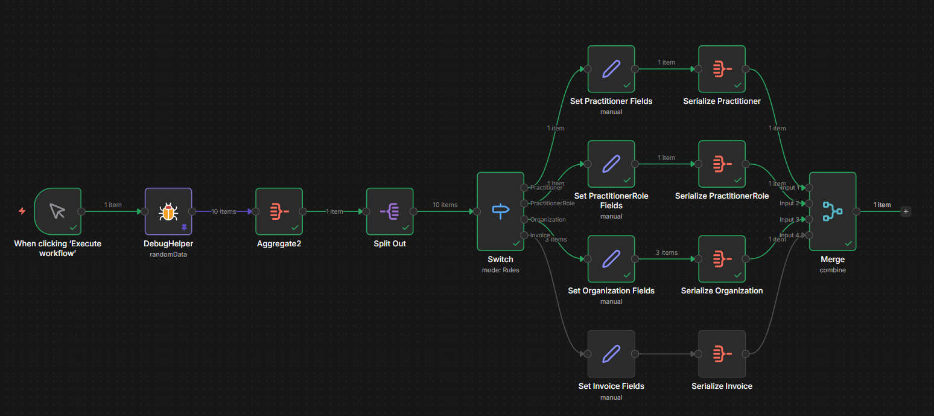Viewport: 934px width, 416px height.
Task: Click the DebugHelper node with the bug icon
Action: (168, 211)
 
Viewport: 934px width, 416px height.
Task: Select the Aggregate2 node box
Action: (279, 211)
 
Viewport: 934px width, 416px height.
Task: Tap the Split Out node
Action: (390, 211)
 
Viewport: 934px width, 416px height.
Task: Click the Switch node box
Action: (500, 211)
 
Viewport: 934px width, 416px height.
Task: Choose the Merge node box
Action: (833, 211)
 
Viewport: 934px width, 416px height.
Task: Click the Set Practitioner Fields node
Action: (611, 69)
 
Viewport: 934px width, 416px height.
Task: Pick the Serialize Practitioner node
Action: (722, 69)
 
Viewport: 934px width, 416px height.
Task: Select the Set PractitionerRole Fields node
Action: (611, 164)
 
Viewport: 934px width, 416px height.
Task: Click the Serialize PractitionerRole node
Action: (722, 164)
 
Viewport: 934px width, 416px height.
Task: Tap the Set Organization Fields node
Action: (611, 259)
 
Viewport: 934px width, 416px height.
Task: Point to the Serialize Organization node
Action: (722, 259)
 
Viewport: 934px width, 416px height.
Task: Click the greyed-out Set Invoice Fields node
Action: (611, 354)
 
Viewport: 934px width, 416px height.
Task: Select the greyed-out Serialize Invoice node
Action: (722, 354)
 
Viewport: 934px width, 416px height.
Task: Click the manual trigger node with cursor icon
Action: (57, 211)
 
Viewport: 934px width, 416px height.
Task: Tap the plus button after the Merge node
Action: (906, 211)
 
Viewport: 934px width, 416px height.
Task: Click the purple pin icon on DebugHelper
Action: (184, 227)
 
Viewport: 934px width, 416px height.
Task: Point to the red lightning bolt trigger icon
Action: (22, 211)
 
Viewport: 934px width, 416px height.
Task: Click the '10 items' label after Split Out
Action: (445, 205)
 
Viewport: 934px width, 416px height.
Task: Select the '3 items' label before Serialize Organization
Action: (666, 252)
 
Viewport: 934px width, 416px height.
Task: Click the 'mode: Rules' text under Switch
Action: (500, 270)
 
